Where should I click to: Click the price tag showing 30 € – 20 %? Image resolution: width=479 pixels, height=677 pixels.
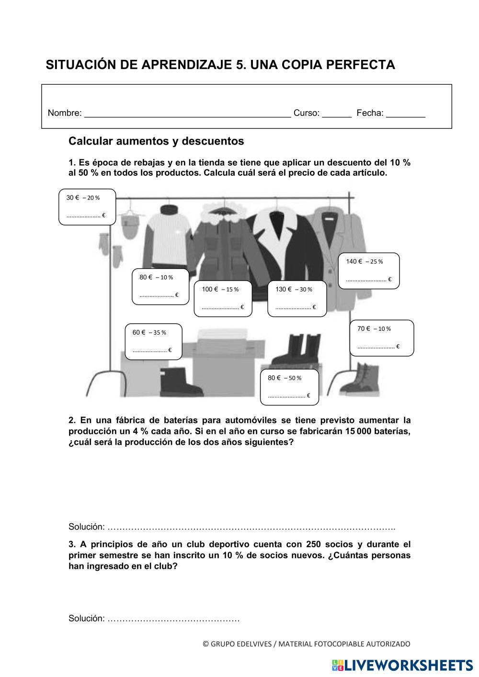[87, 206]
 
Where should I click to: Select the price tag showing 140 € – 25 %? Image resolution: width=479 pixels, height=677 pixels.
[368, 271]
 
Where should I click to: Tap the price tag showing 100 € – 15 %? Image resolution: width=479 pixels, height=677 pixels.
[223, 298]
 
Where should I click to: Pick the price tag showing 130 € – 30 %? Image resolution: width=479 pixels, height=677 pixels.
[297, 298]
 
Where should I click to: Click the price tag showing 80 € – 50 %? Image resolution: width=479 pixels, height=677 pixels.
[289, 386]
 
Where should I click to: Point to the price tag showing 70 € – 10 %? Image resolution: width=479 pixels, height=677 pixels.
[381, 338]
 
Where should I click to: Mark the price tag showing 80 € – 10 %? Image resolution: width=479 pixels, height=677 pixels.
[160, 286]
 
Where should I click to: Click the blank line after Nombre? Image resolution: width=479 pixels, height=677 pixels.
[187, 114]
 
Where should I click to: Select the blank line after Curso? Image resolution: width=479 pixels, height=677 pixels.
[337, 114]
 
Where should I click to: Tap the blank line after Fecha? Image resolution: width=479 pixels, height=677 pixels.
[405, 114]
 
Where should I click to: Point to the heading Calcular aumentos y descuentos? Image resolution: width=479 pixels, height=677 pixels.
[156, 141]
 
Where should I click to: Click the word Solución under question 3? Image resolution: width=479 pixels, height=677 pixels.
[86, 618]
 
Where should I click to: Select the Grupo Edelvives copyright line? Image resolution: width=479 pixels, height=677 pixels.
[307, 644]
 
